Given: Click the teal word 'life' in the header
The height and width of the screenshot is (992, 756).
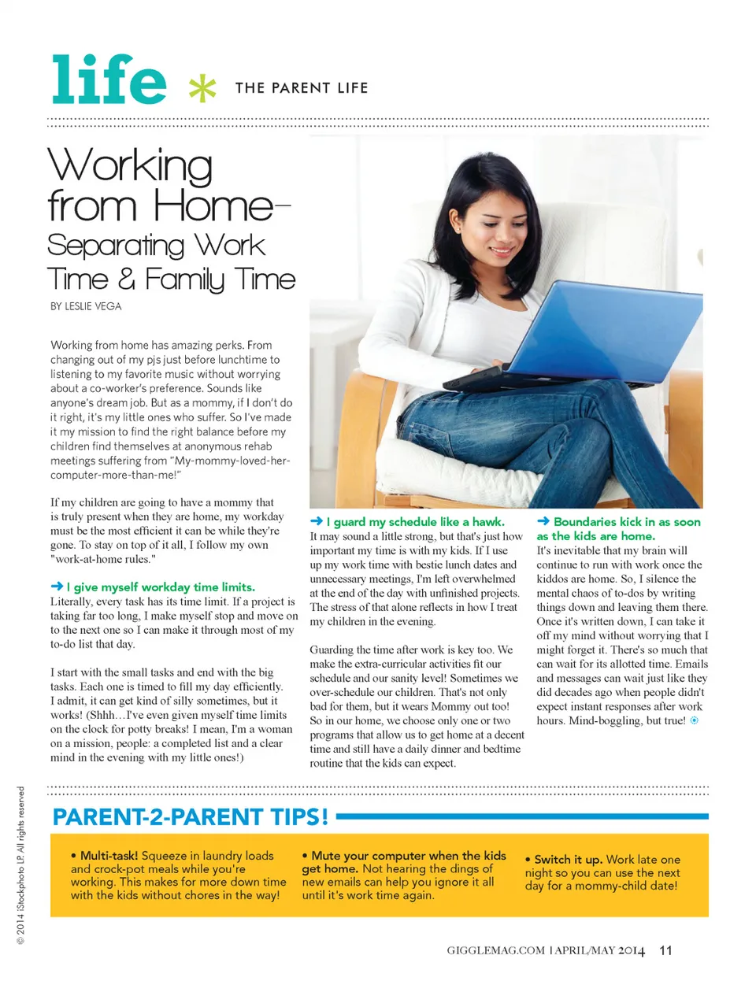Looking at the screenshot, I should point(109,80).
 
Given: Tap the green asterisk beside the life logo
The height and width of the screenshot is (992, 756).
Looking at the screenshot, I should point(202,88).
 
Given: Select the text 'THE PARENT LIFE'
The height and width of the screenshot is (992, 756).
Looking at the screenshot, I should point(301,88).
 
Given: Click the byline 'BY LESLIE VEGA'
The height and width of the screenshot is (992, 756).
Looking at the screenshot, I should point(86,306).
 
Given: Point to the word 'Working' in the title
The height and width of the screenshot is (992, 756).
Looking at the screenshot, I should point(130,166).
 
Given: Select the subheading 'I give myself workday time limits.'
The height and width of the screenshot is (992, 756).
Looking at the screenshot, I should point(161,587).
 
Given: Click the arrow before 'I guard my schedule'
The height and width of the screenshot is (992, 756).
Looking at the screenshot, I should point(317,521).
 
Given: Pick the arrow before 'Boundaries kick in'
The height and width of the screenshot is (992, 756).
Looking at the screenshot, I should point(543,521).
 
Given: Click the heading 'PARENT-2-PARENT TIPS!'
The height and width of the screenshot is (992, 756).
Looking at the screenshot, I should point(190,817).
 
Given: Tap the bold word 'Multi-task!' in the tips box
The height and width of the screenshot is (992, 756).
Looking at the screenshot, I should point(109,855).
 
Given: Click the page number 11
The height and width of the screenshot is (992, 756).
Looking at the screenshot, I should point(665,950).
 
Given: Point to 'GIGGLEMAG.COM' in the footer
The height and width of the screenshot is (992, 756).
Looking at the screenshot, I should point(495,950).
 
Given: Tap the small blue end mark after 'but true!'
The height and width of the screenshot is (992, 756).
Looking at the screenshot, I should point(694,720).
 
